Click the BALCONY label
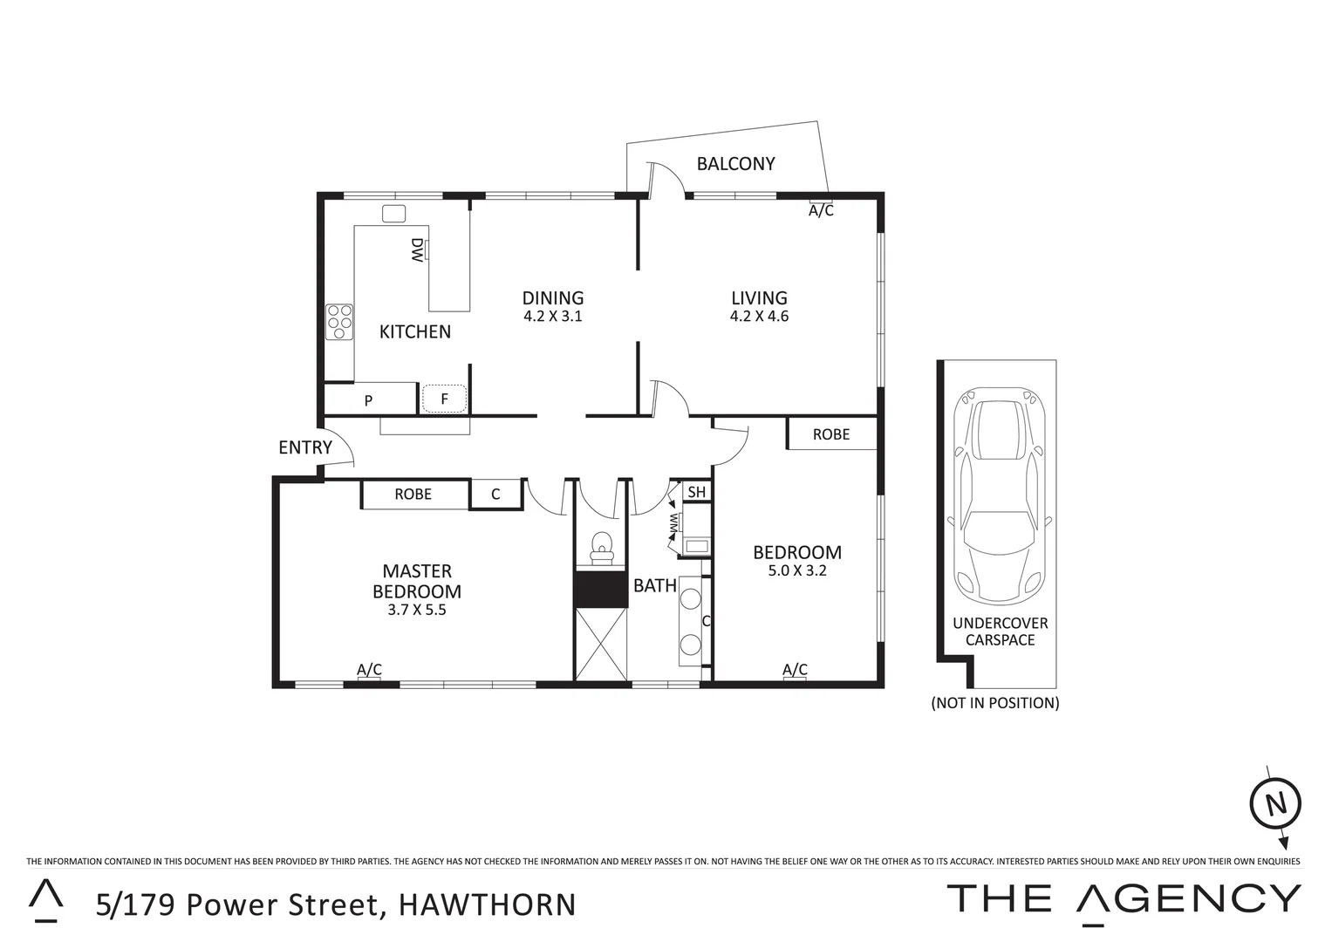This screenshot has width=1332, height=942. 735,164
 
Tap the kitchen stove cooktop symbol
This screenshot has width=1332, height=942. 339,322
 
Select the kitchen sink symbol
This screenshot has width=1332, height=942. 394,214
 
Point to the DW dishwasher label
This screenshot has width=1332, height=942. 417,250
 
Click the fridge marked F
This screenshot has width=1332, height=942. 444,399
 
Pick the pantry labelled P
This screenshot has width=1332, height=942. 368,400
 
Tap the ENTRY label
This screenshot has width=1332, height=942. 304,447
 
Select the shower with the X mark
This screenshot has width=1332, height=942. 601,644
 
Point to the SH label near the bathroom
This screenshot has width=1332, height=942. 696,492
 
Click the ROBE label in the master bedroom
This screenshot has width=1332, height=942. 413,494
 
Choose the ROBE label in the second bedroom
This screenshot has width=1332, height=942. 830,433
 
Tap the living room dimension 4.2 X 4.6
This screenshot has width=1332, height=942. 759,317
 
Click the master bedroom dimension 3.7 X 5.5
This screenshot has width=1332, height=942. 417,611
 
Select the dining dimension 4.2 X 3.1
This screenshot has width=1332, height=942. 552,317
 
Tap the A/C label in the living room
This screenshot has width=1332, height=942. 821,210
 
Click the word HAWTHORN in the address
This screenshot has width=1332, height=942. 487,904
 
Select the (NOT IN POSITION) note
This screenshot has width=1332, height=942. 995,702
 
